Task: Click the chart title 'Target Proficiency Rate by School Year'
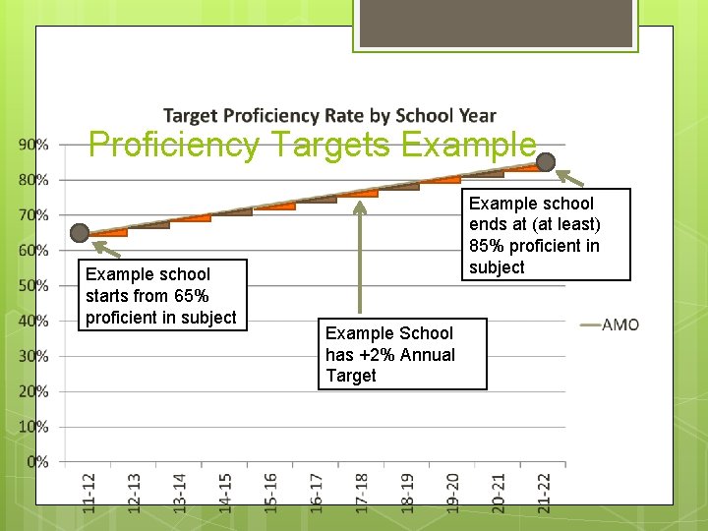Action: point(329,116)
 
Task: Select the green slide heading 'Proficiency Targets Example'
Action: point(313,146)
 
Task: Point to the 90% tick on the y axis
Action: point(33,145)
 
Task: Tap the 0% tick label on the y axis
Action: point(37,461)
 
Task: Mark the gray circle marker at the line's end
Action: point(546,162)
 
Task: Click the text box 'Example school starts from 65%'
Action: point(161,295)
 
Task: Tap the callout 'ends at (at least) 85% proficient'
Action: point(534,235)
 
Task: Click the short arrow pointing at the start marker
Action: point(110,252)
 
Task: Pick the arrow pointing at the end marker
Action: point(570,179)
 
